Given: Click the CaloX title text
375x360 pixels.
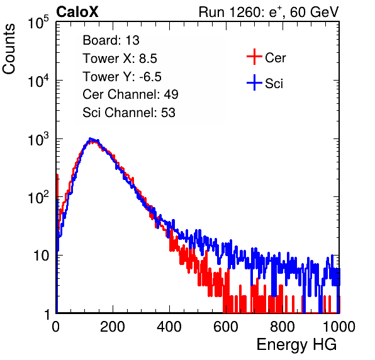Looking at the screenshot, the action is (77, 12).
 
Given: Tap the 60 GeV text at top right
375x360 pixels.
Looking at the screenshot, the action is (315, 12).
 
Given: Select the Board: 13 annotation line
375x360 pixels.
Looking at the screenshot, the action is (111, 40).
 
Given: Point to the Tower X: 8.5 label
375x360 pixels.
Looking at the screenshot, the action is (120, 58).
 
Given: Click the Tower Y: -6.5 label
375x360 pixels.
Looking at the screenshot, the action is (122, 76).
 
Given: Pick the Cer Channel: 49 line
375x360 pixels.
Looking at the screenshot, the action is (130, 94).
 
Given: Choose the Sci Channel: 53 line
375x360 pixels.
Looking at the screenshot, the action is (129, 113).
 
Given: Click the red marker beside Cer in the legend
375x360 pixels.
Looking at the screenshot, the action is (254, 57).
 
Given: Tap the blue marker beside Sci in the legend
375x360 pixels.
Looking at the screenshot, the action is (254, 82).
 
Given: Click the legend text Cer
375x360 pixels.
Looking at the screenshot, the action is (276, 58).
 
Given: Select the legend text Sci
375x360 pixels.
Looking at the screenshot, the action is (274, 84).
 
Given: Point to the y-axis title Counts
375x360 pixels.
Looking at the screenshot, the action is (9, 49).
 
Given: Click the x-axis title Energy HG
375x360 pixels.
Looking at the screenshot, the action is (296, 345).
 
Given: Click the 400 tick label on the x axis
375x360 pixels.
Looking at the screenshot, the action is (169, 326).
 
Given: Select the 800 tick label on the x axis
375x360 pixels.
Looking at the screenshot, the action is (283, 326).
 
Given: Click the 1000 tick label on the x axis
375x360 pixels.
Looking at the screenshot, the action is (339, 326).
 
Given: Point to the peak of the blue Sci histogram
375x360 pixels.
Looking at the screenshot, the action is (90, 138).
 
